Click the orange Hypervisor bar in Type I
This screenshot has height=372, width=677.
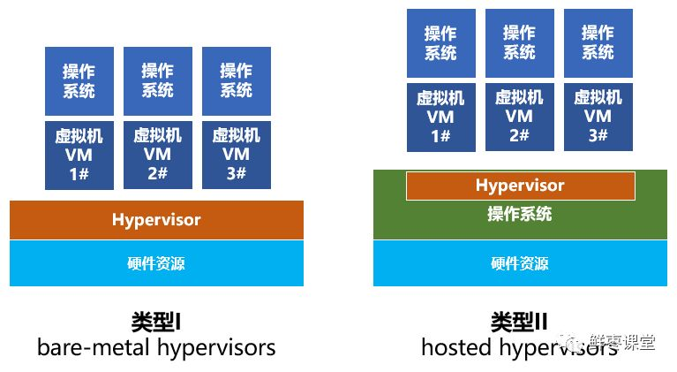tap(156, 220)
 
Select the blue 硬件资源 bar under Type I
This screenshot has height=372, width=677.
tap(156, 262)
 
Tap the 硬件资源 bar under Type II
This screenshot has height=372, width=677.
tap(519, 262)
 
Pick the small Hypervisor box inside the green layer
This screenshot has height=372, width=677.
tap(520, 186)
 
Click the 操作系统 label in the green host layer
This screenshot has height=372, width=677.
tap(519, 214)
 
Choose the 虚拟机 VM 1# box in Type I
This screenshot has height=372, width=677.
tap(79, 155)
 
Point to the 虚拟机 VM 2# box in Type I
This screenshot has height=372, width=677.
tap(158, 155)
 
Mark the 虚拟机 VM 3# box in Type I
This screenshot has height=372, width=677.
tap(237, 155)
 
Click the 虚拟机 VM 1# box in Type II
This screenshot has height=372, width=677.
tap(440, 117)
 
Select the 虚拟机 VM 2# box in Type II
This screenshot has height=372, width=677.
tap(519, 117)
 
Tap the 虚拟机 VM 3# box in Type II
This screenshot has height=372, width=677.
tap(598, 117)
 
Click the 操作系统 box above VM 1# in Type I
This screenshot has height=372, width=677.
tap(79, 81)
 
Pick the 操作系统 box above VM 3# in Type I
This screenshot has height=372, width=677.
tap(237, 81)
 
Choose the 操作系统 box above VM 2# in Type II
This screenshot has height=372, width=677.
tap(519, 42)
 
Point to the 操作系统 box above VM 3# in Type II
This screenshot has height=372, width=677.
tap(598, 42)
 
